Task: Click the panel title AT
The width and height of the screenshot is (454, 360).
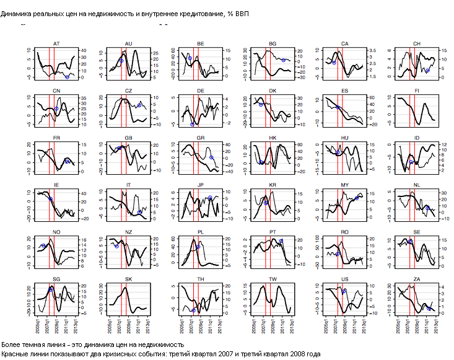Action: coord(56,43)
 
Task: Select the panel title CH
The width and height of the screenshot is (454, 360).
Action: coord(416,43)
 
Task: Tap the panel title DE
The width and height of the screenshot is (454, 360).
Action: coord(201,91)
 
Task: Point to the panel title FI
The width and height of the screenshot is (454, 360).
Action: coord(416,91)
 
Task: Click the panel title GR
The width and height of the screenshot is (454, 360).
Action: coord(201,138)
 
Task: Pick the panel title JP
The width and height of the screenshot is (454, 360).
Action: coord(201,185)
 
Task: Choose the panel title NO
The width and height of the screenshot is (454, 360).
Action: coord(56,232)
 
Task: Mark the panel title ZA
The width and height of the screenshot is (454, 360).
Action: coord(416,279)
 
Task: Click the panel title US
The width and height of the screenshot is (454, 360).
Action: coord(344,279)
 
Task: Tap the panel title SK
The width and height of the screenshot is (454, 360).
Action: coord(128,279)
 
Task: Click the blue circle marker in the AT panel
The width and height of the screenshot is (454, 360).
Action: coord(67,77)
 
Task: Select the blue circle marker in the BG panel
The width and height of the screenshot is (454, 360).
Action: coord(283,59)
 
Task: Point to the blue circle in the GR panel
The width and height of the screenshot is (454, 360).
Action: coord(211,157)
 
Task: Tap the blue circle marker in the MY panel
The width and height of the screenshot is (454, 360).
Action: coord(356,198)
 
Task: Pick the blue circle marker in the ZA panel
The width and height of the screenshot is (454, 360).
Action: coord(429,308)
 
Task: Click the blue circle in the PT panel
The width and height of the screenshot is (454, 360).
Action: coord(281,241)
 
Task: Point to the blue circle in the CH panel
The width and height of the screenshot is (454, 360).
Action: coord(427,71)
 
